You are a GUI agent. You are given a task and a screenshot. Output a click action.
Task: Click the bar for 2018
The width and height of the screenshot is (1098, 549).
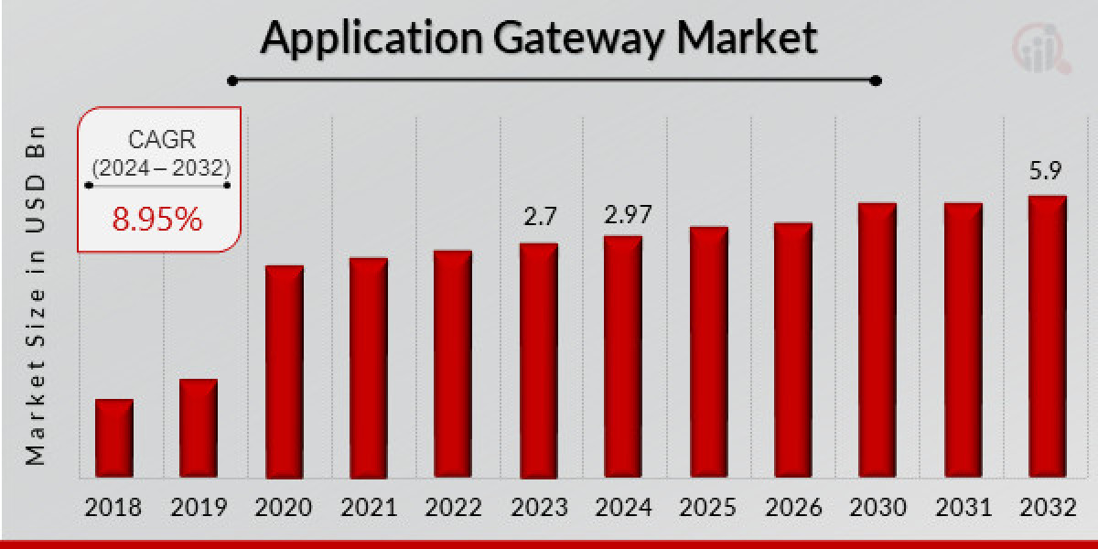coord(114,438)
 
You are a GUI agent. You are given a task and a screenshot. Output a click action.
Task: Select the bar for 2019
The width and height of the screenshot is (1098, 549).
coord(199,428)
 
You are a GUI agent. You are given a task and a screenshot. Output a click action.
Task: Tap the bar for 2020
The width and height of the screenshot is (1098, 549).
coord(284,371)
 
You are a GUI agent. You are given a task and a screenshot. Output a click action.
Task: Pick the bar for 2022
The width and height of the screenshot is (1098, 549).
coord(452,364)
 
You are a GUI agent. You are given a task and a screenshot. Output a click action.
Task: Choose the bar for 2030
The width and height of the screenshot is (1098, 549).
coord(877,340)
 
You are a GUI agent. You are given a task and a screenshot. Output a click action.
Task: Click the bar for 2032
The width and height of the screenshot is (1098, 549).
coord(1047,337)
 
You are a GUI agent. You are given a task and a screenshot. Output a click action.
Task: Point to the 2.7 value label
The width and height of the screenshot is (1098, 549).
coord(540,217)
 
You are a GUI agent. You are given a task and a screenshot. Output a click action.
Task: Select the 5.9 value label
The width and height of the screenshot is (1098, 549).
coord(1047,171)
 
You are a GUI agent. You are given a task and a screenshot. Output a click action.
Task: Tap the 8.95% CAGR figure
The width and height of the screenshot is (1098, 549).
coord(157,219)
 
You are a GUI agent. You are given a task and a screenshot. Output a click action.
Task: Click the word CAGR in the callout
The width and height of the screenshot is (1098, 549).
coord(157,141)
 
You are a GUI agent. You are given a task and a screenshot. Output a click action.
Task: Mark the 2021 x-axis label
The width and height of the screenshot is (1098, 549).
coord(369,507)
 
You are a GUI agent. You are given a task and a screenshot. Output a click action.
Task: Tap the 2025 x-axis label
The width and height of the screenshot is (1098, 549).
coord(708,507)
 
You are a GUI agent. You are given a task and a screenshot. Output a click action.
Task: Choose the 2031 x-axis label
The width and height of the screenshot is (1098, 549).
coord(962,507)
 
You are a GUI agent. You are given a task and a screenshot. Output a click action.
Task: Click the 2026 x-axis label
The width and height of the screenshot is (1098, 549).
coord(792,507)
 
